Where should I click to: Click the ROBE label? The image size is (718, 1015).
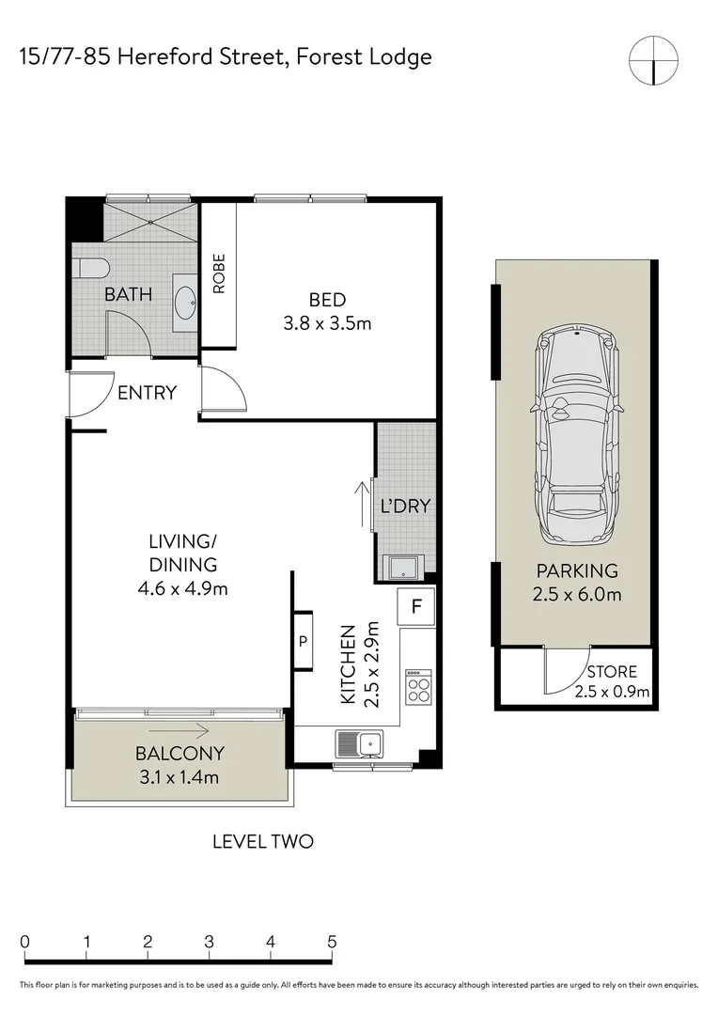coord(219,273)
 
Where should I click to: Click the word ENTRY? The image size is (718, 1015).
coord(147,393)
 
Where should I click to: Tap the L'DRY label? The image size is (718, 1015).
coord(405,506)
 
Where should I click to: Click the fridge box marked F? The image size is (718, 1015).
coord(414,607)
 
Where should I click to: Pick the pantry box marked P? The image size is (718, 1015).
coord(303,641)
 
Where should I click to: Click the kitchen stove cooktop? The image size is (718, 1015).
coord(417,687)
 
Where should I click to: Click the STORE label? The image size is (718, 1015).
coord(611,672)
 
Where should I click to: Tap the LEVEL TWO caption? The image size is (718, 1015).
coord(262,841)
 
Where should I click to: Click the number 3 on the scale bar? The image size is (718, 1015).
coord(209,942)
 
